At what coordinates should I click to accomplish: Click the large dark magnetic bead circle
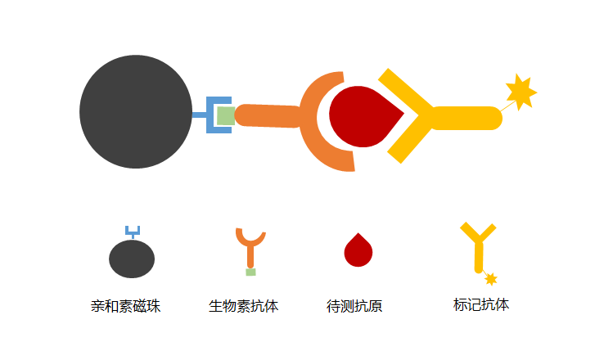click(x=136, y=111)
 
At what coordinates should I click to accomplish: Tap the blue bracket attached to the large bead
click(x=210, y=115)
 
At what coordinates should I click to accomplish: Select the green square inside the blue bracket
click(x=226, y=115)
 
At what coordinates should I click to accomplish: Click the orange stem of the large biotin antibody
click(x=268, y=115)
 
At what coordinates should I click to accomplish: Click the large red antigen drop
click(x=365, y=116)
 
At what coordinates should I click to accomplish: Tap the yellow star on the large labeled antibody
click(x=521, y=92)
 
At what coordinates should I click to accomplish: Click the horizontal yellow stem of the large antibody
click(x=467, y=118)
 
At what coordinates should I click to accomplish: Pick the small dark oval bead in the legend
click(x=132, y=259)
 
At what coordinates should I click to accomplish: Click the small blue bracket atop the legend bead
click(x=133, y=232)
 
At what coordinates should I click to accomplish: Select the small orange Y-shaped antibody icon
click(x=250, y=249)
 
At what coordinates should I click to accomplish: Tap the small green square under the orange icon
click(x=250, y=272)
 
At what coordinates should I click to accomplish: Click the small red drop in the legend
click(x=358, y=250)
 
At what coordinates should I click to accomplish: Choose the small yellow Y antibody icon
click(x=479, y=246)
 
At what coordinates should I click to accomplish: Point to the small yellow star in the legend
click(x=490, y=279)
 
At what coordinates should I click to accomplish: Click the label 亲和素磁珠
click(x=125, y=306)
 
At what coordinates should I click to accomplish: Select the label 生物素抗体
click(x=244, y=306)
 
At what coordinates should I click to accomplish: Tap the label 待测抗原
click(x=354, y=306)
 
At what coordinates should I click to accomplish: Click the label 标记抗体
click(x=481, y=304)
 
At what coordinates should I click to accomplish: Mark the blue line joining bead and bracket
click(x=199, y=115)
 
